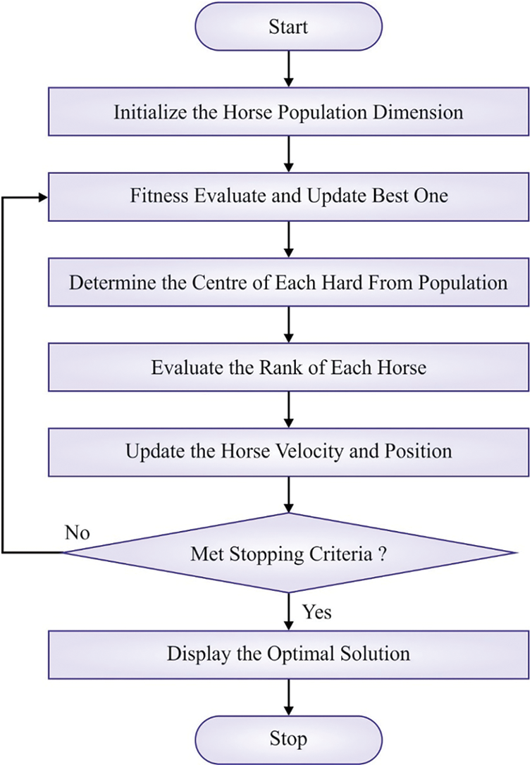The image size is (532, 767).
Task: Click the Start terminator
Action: coord(288,27)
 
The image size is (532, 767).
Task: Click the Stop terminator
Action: coord(288,739)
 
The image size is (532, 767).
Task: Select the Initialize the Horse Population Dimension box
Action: coord(288,112)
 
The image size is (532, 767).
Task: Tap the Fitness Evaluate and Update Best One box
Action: coord(288,196)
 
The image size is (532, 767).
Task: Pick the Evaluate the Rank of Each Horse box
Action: coord(288,366)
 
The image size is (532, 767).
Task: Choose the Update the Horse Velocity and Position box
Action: coord(288,450)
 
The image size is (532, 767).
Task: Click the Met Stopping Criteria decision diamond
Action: coord(288,553)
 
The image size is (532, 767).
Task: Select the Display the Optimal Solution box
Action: coord(288,653)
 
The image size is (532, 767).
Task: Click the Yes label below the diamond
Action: coord(316,611)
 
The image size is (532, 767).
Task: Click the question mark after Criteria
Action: coord(381,553)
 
